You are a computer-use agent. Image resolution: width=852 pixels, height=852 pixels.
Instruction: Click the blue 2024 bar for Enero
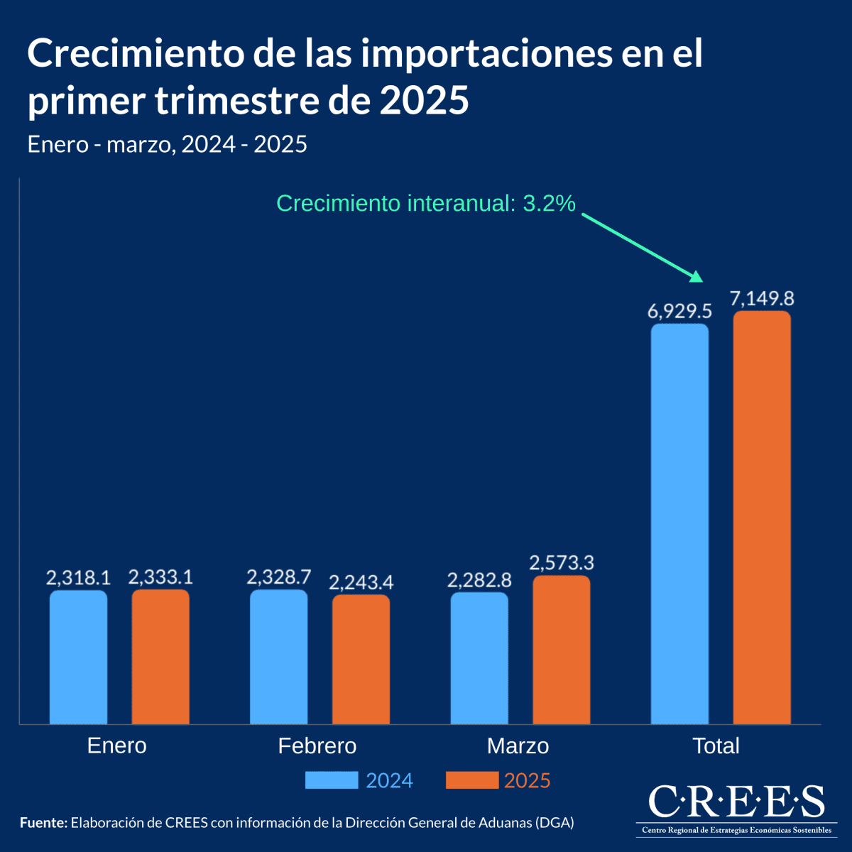point(78,657)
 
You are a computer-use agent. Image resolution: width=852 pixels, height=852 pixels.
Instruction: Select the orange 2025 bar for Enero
point(160,657)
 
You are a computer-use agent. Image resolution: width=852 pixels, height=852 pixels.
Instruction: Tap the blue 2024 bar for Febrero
point(279,657)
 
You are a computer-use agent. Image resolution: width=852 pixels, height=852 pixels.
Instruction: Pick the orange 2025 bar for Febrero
point(361,659)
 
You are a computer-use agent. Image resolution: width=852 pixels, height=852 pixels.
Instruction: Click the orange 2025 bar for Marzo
point(562,650)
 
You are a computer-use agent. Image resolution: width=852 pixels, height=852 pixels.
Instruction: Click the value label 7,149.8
point(762,298)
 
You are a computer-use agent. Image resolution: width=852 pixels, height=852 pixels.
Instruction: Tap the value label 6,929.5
point(679,311)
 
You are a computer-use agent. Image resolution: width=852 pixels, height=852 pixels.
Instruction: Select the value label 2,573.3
point(562,563)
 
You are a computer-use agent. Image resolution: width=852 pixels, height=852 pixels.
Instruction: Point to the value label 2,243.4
point(361,582)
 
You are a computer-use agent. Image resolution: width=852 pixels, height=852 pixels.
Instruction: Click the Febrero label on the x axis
point(317,745)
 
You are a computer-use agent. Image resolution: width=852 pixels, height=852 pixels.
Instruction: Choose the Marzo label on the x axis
point(518,745)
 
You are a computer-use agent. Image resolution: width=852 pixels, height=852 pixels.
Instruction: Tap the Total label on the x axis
point(716,745)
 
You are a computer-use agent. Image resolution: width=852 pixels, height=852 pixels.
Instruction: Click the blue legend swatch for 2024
point(332,780)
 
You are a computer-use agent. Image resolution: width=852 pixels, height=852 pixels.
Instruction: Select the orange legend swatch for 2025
point(472,780)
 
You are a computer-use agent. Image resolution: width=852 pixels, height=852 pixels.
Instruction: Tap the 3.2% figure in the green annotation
point(549,204)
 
